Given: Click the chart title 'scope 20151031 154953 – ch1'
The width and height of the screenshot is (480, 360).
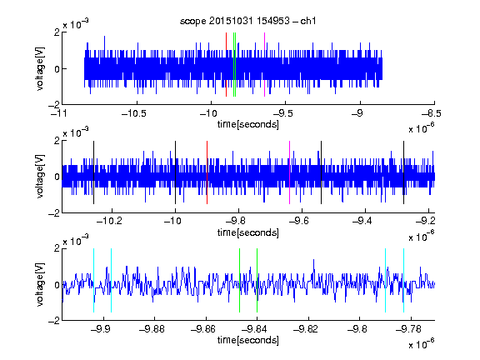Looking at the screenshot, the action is (x=247, y=21).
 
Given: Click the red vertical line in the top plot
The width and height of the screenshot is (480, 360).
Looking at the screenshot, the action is (x=226, y=65).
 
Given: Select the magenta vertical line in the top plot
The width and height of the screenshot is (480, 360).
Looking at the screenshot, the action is (x=264, y=65).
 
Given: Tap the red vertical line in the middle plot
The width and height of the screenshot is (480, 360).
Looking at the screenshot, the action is (x=207, y=172).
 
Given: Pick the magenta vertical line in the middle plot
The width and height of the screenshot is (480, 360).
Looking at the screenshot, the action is (x=290, y=172).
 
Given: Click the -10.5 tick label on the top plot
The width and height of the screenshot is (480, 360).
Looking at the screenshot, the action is (x=134, y=113).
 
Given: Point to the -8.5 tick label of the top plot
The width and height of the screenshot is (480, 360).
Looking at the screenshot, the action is (x=431, y=113).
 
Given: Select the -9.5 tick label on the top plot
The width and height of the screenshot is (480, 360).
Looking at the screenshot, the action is (x=282, y=113).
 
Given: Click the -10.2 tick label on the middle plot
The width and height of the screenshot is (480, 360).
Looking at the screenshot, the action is (x=109, y=221).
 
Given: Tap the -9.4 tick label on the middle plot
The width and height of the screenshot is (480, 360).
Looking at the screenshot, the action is (x=362, y=221).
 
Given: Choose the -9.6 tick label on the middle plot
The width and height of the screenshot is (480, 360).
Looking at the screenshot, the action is (x=299, y=221).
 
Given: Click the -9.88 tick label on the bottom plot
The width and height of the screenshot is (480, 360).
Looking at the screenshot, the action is (x=152, y=329).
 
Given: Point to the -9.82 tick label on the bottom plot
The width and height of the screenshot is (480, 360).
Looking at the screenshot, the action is (x=306, y=329).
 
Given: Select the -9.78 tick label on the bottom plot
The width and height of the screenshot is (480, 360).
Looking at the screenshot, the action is (x=408, y=329).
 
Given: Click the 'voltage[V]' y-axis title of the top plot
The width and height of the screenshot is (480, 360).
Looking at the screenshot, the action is (x=40, y=68).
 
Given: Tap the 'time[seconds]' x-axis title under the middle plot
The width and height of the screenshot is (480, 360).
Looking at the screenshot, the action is (x=248, y=232).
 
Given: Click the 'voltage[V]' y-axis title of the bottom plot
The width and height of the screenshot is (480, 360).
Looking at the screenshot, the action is (x=40, y=284).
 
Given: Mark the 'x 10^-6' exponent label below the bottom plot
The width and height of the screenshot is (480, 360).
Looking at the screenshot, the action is (x=422, y=343).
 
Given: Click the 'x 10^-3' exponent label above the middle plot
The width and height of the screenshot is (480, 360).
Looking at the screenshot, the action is (x=76, y=132).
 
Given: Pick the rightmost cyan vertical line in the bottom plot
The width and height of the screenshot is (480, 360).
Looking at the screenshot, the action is (x=404, y=280).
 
